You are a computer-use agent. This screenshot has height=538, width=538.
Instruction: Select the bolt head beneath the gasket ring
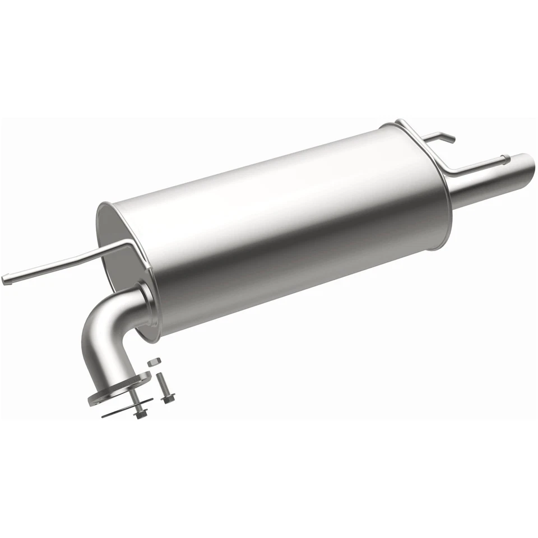139,415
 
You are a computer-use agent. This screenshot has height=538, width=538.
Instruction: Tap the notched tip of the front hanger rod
5,280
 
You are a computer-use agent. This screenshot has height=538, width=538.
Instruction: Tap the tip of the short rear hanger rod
452,139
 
